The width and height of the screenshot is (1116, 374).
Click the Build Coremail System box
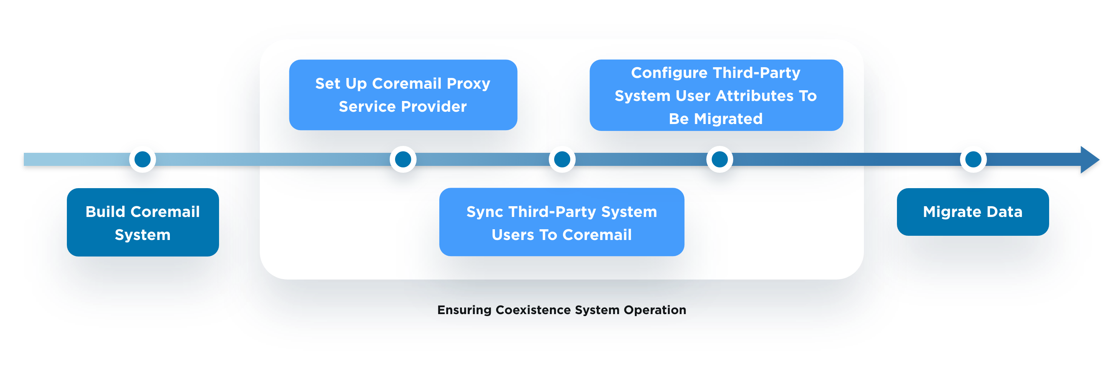(143, 222)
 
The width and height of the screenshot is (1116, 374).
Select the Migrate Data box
(973, 212)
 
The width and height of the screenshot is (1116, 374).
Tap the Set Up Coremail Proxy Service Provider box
(403, 95)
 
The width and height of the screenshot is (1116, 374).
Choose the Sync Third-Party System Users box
(561, 222)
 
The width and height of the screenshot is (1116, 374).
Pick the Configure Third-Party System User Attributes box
(716, 95)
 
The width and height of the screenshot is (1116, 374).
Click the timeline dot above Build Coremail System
(143, 159)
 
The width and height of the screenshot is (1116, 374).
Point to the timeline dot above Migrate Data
(973, 159)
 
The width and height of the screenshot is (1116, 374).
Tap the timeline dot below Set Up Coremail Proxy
(403, 159)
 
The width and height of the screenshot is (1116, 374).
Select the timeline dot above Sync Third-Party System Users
(562, 159)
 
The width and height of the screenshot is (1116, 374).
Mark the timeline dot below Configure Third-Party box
(719, 159)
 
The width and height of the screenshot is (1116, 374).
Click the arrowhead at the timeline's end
(1089, 160)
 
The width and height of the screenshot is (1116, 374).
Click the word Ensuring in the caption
(464, 310)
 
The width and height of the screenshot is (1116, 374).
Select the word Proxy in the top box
(468, 84)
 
